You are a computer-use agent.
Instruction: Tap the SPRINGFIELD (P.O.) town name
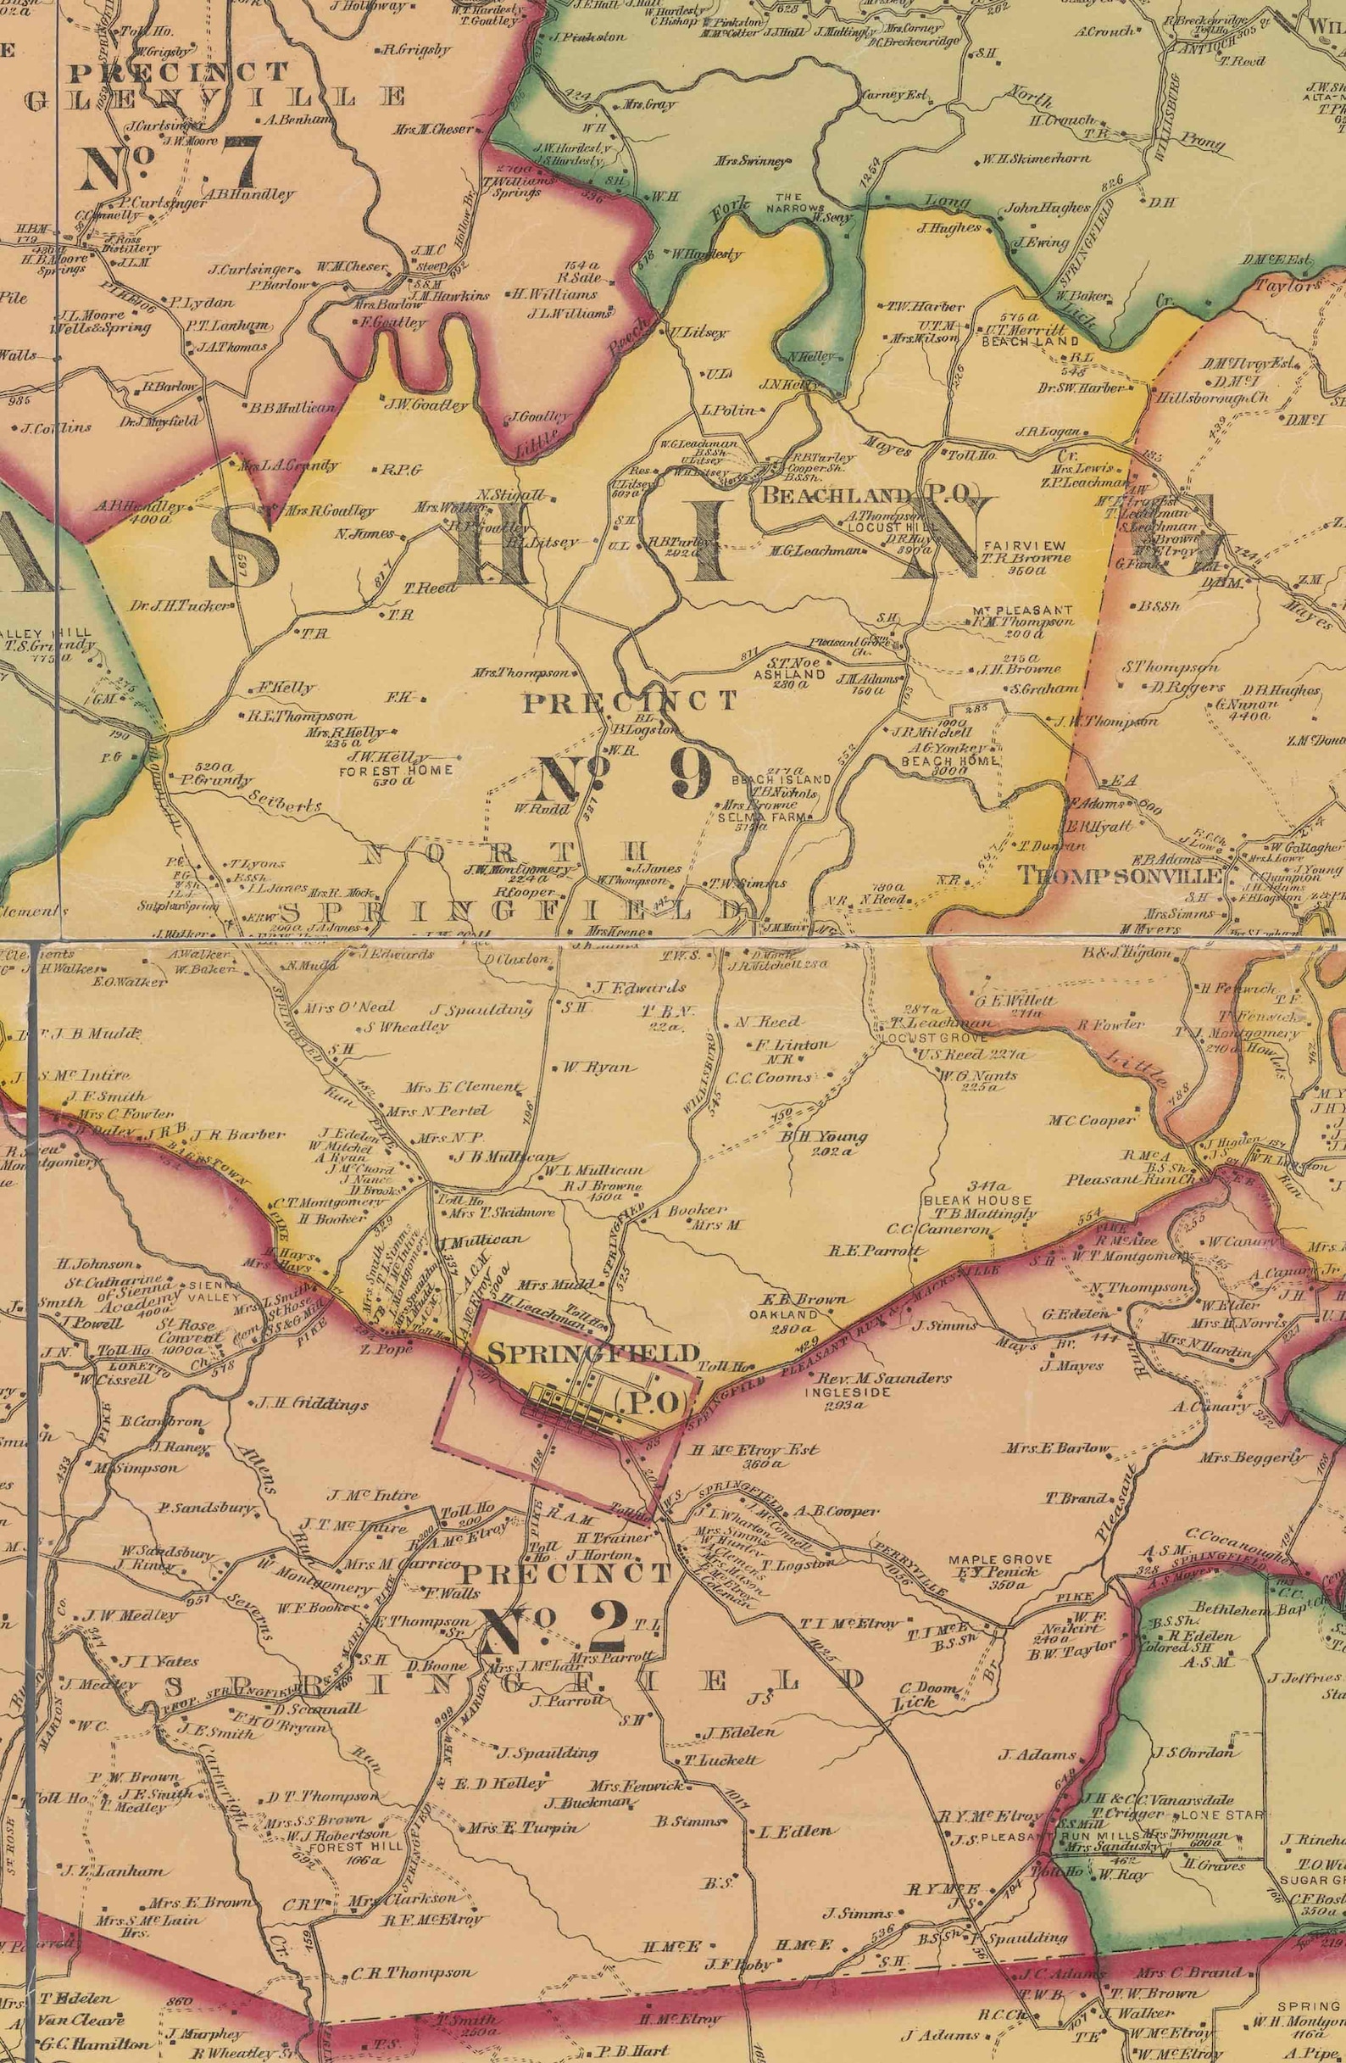(x=593, y=1352)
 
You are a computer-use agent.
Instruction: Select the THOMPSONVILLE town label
(x=1118, y=874)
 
